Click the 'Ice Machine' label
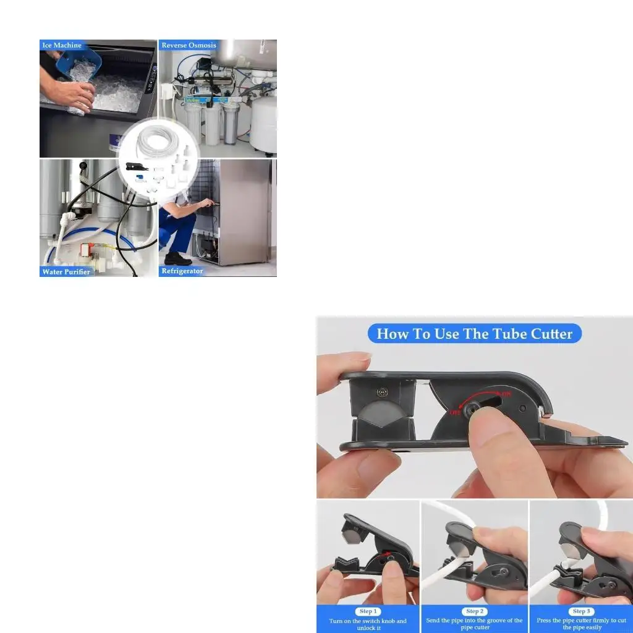(x=62, y=45)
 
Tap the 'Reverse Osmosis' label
(x=189, y=45)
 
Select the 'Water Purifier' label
(x=66, y=271)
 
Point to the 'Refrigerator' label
(x=182, y=271)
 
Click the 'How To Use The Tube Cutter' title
(x=474, y=334)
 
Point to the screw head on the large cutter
(x=383, y=391)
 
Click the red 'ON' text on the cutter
(x=506, y=394)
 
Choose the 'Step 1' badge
(x=367, y=611)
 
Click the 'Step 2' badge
(x=474, y=611)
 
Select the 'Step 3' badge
(x=580, y=611)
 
